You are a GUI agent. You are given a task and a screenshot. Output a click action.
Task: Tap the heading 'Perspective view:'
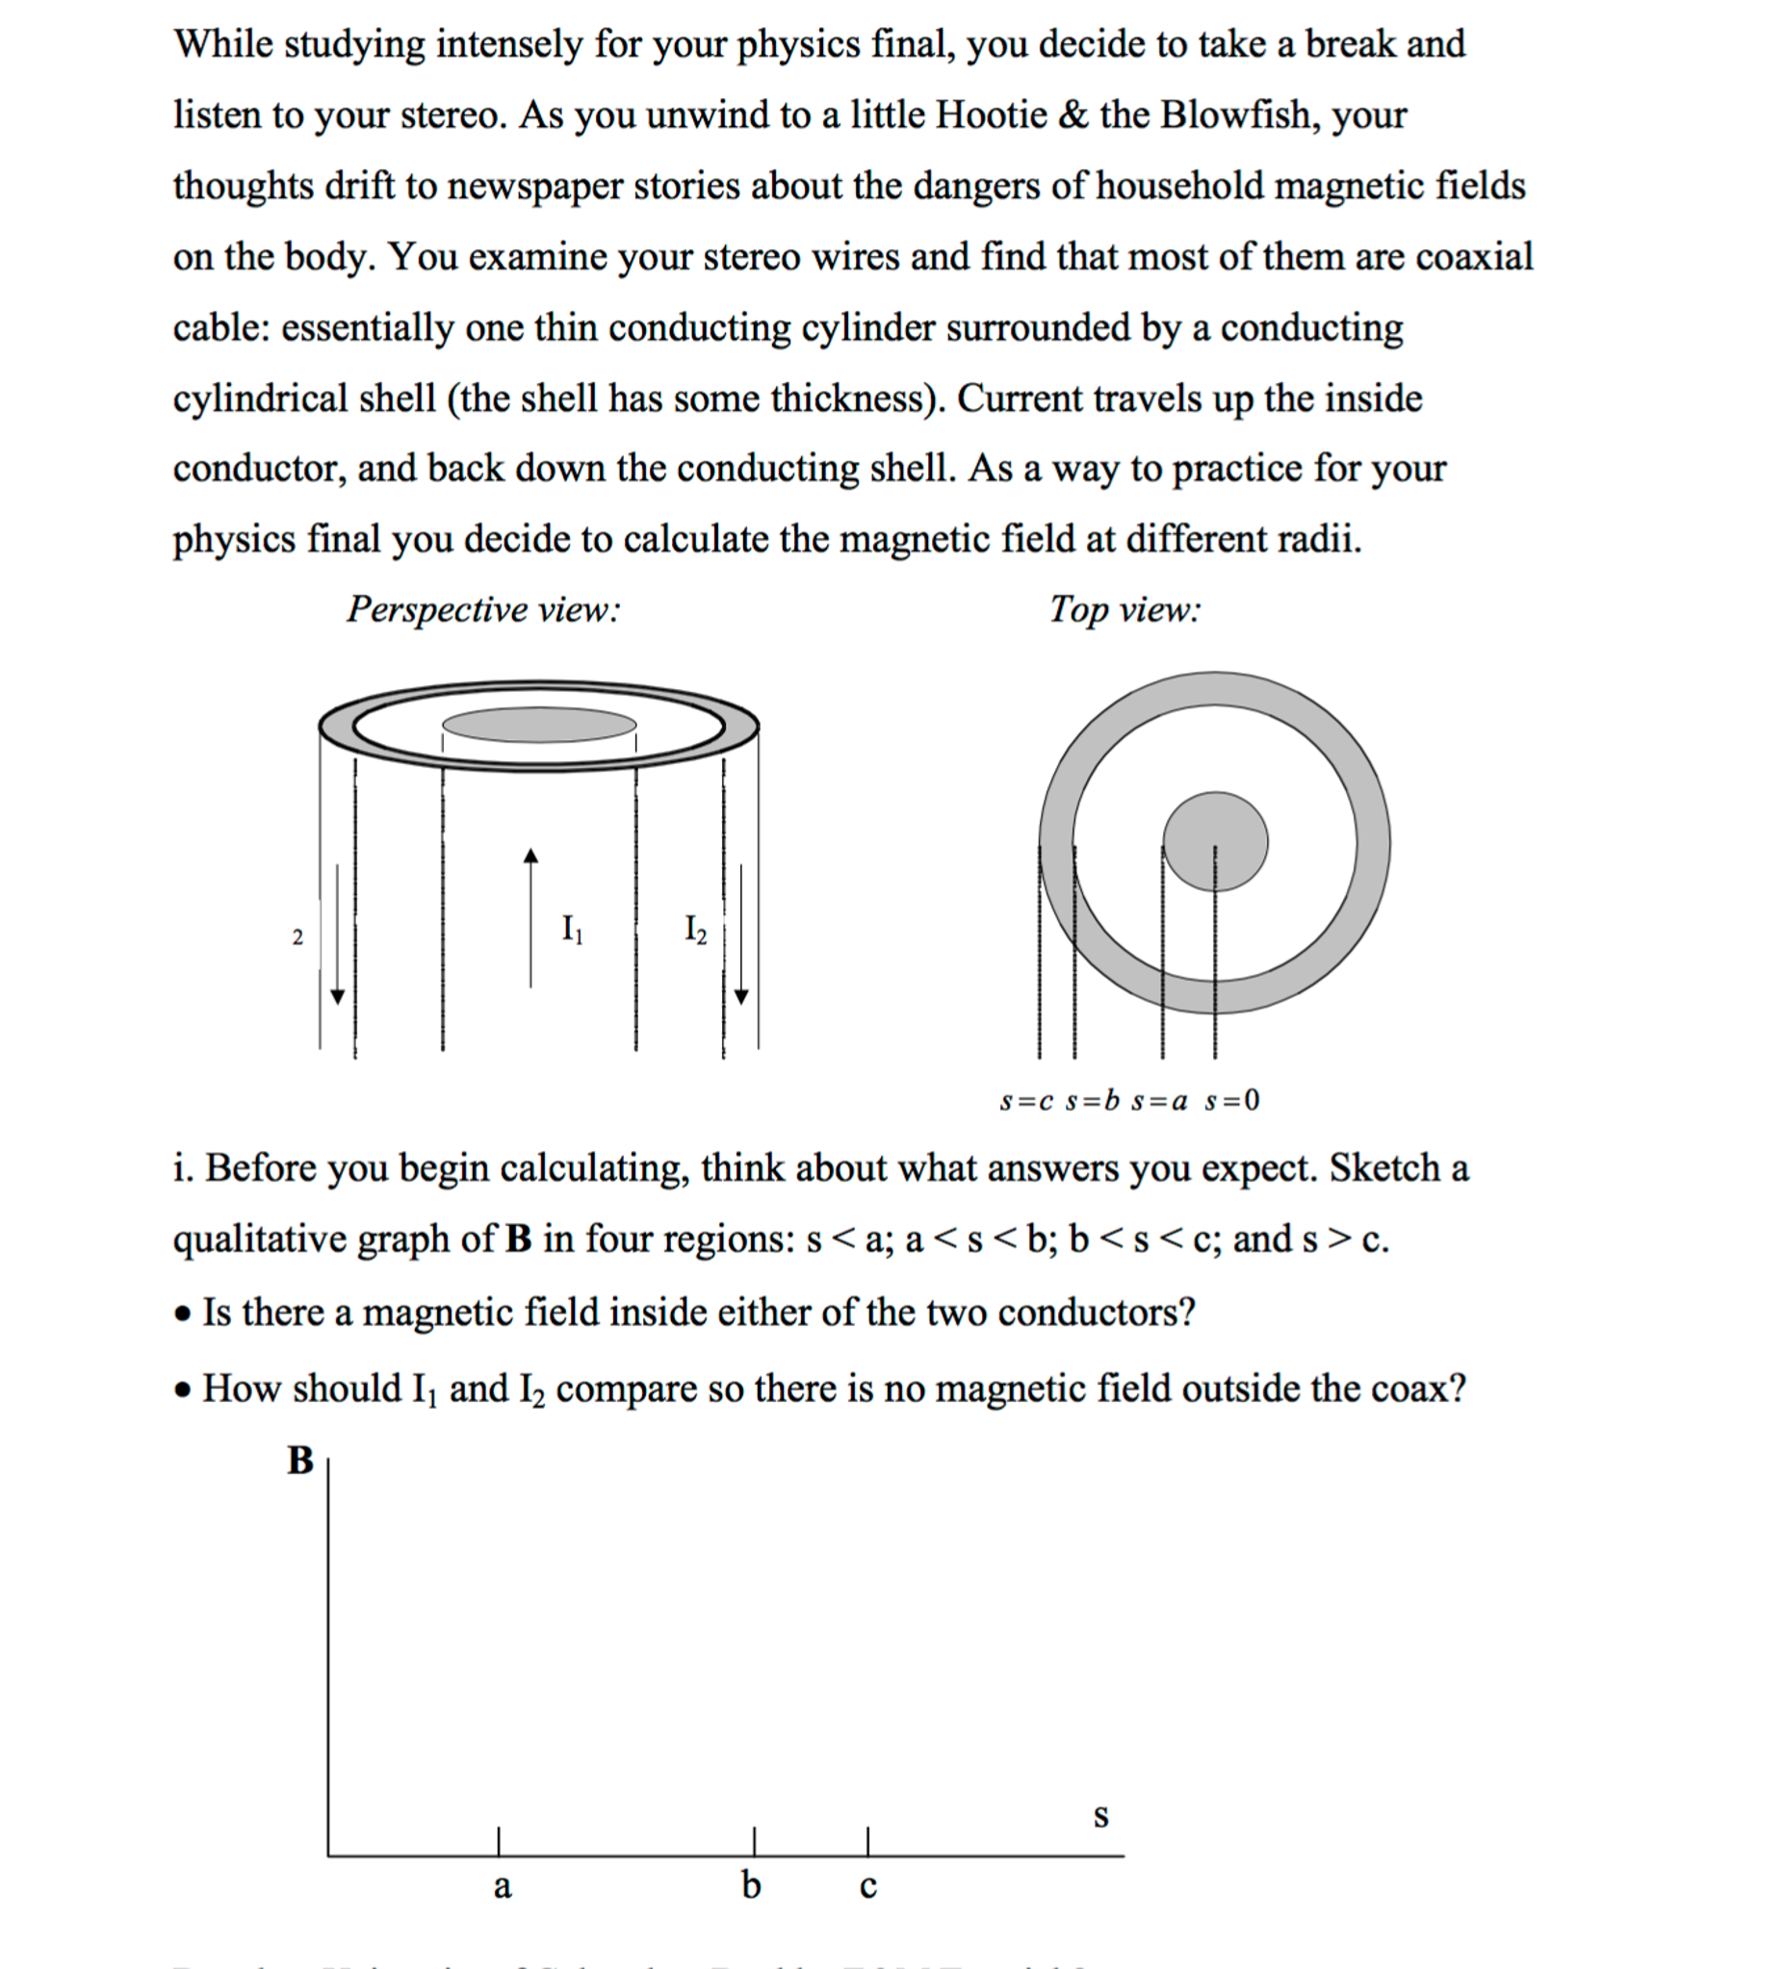click(483, 609)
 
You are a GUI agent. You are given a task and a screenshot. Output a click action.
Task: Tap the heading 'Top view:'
click(1124, 609)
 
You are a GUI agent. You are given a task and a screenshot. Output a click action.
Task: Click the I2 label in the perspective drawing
click(696, 929)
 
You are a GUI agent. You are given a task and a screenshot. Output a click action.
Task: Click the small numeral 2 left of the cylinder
click(298, 937)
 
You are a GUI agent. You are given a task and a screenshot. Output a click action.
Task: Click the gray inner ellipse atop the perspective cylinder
click(539, 725)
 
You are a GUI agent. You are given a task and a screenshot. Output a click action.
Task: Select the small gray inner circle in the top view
click(1215, 841)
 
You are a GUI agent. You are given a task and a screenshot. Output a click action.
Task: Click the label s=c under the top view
click(1026, 1102)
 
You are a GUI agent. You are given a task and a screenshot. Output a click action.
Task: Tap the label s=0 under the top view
click(1232, 1102)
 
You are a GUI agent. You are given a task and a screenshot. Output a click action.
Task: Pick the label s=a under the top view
click(1159, 1102)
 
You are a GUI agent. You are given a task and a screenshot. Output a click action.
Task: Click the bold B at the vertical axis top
click(300, 1461)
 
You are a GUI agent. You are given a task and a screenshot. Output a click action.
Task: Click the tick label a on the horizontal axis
click(503, 1886)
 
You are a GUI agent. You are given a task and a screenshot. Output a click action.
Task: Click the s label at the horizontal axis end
click(1101, 1816)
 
